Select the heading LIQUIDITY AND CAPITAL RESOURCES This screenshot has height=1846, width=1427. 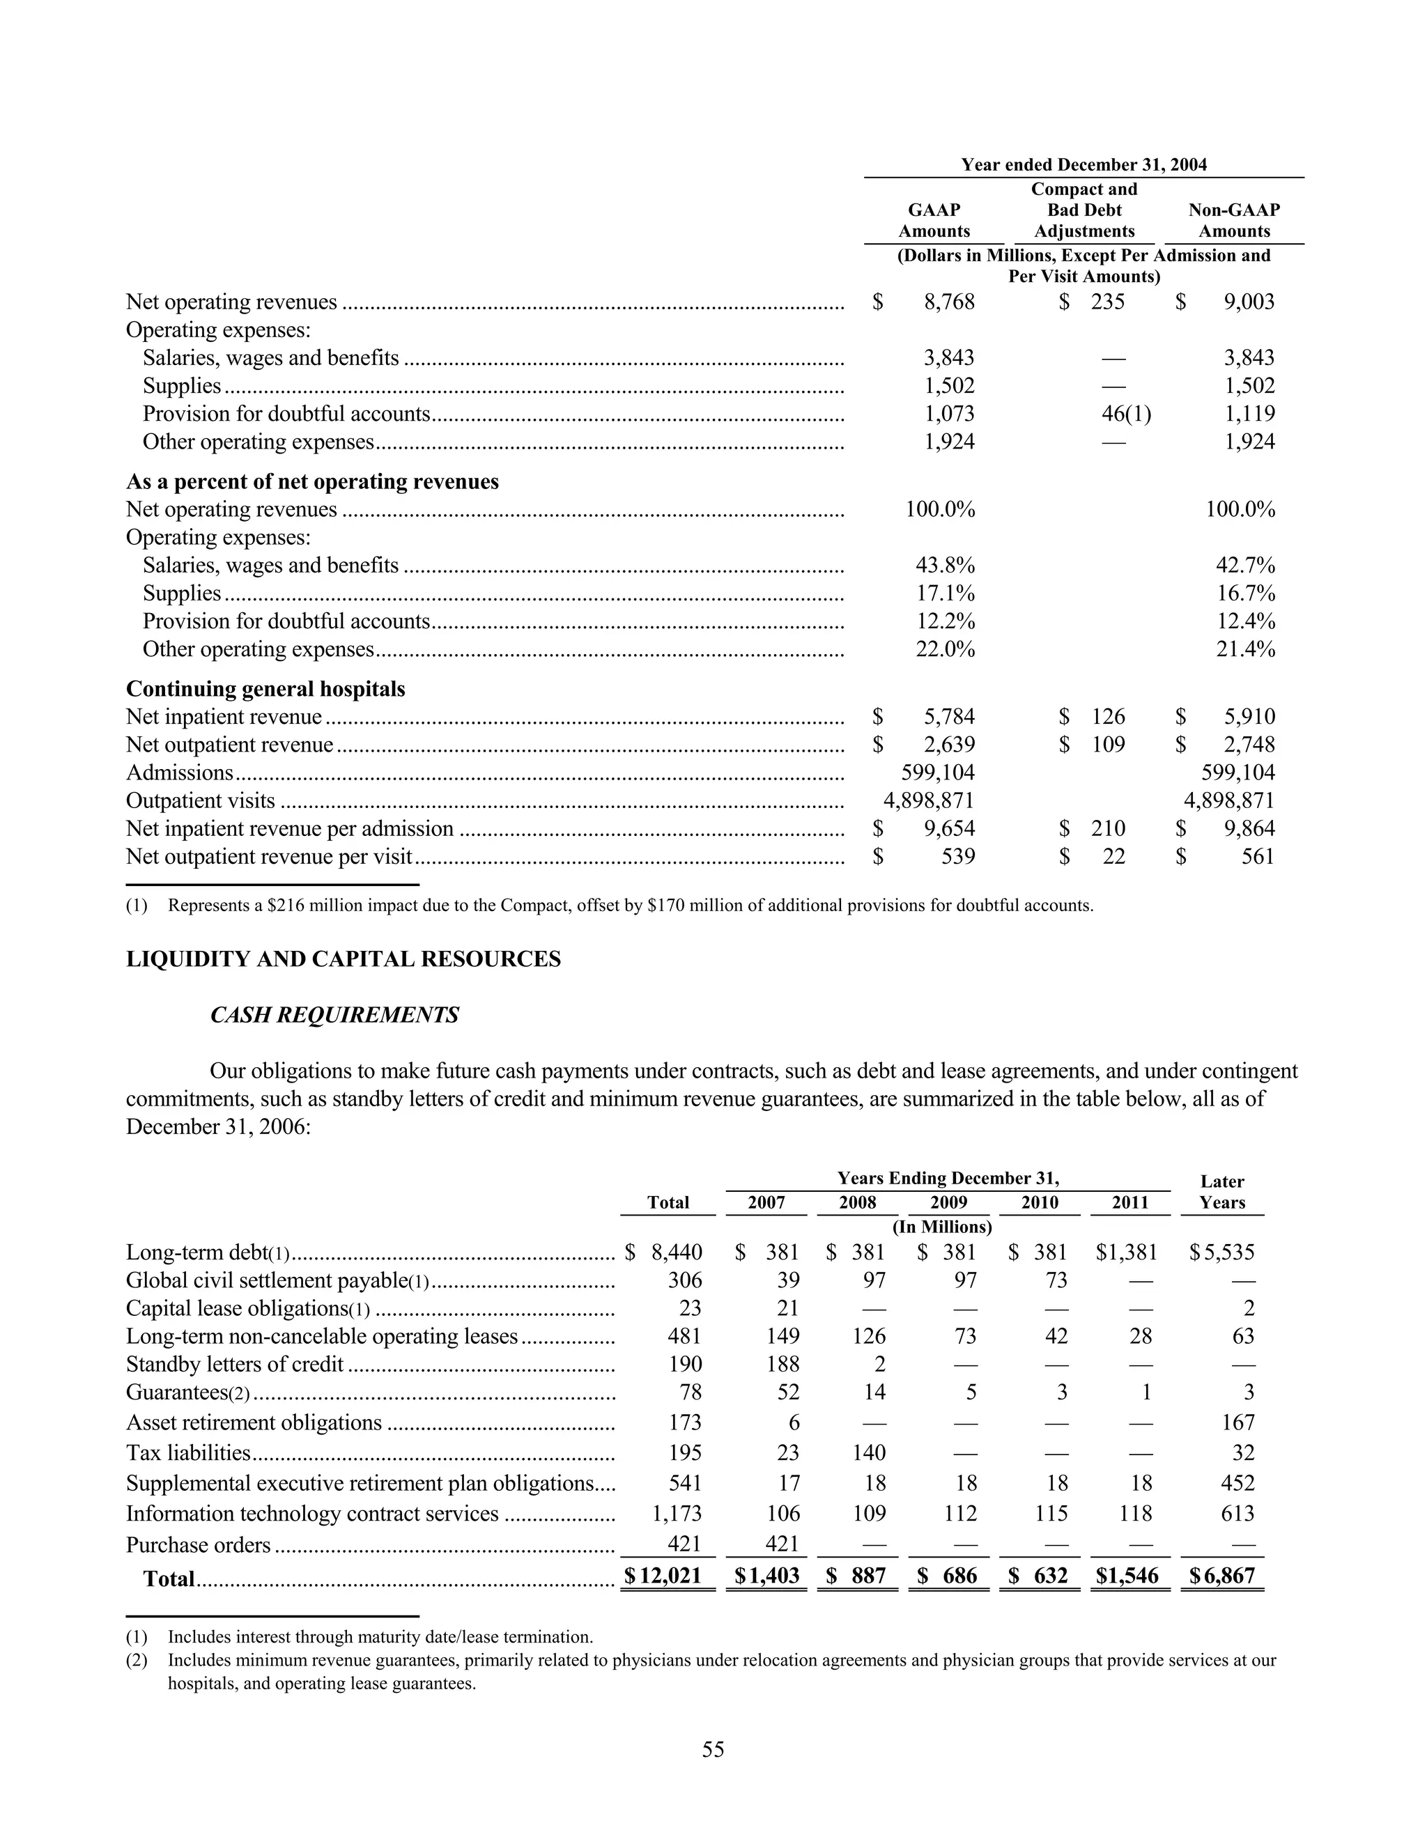[x=344, y=959]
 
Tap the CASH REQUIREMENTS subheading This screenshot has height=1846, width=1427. [x=334, y=1015]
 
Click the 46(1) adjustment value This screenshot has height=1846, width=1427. [x=1126, y=413]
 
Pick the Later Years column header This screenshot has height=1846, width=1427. [x=1221, y=1192]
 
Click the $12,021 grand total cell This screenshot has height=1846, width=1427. [x=663, y=1576]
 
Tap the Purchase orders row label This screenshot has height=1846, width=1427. [x=199, y=1545]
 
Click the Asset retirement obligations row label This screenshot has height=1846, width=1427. [x=254, y=1422]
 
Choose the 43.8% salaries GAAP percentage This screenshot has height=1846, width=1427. [x=944, y=566]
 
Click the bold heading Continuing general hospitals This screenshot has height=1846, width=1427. [x=265, y=689]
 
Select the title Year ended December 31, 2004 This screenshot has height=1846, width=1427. [x=1083, y=165]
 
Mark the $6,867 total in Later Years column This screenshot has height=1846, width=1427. [x=1221, y=1576]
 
